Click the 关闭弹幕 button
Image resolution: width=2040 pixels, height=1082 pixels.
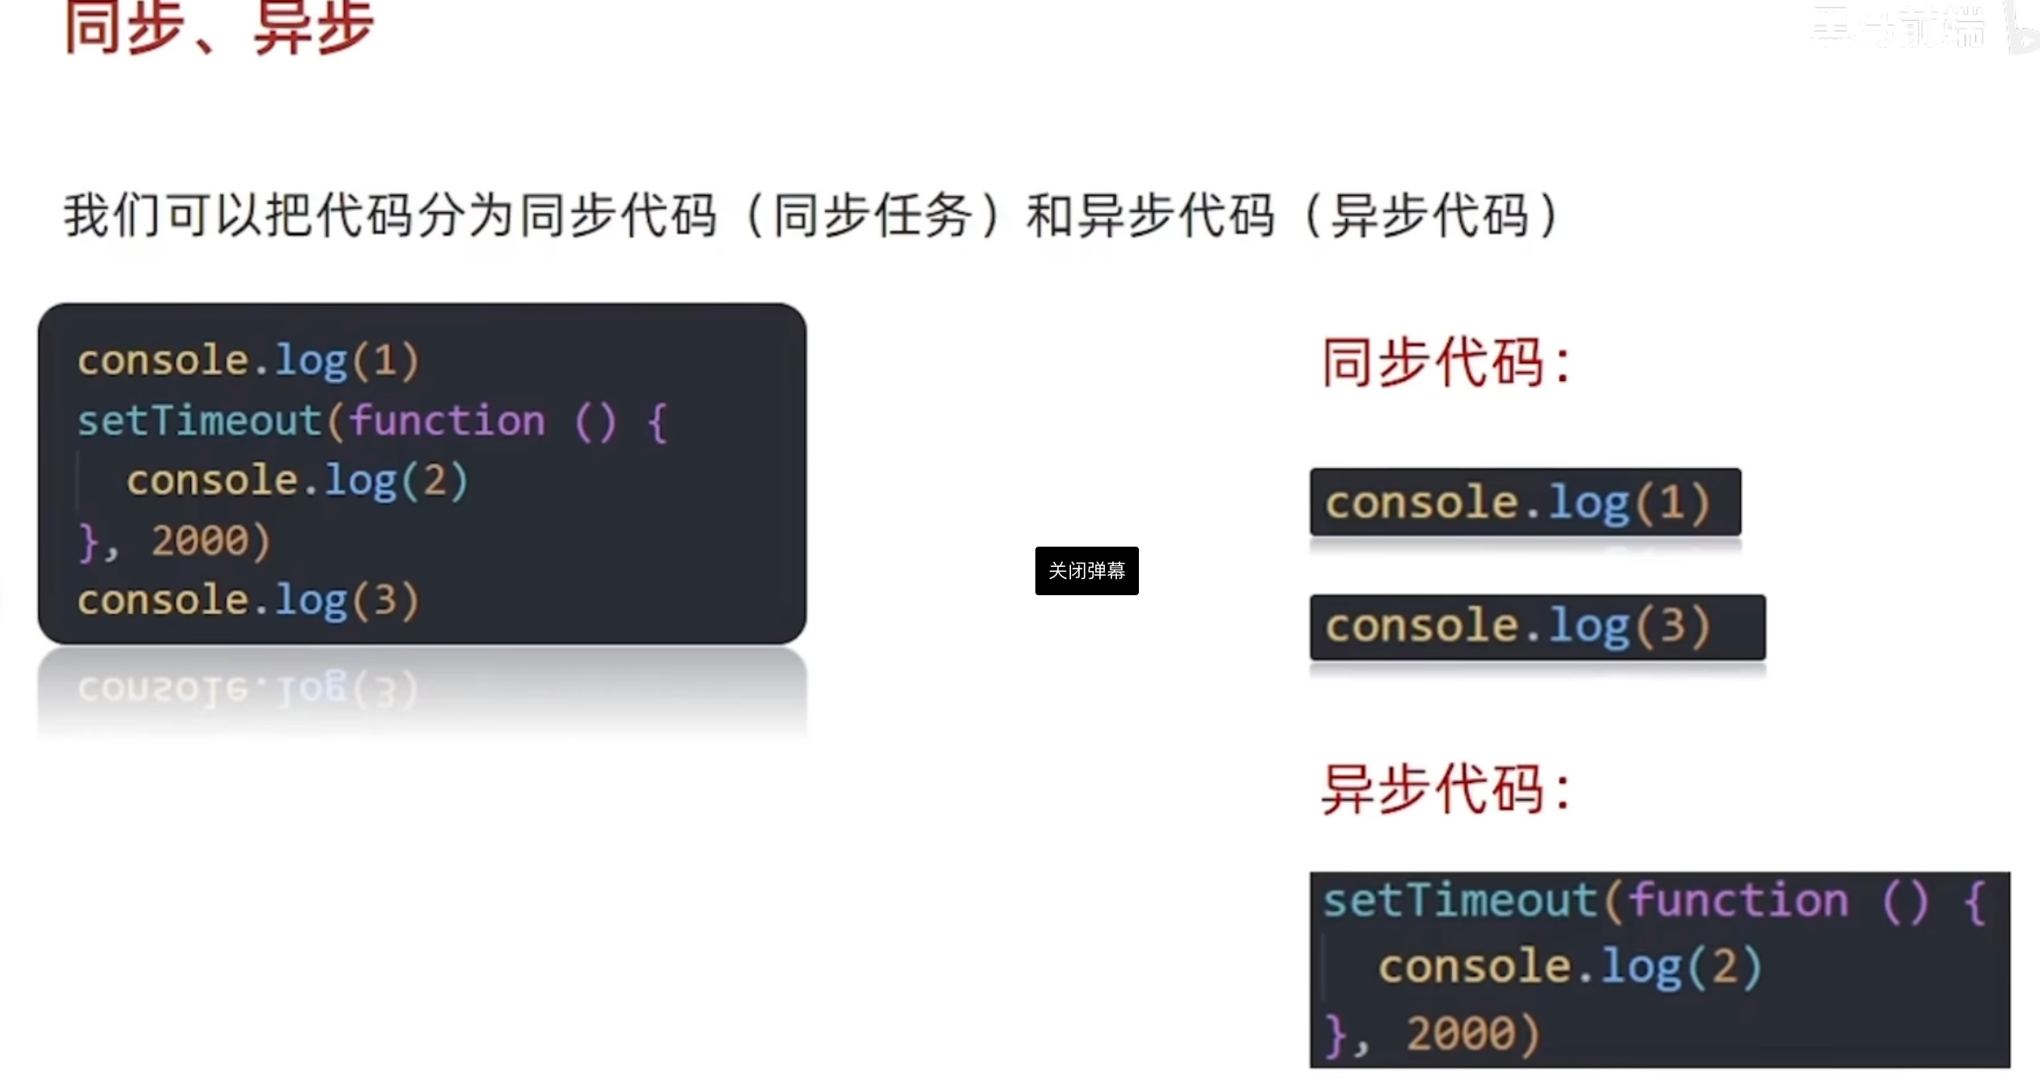pyautogui.click(x=1086, y=571)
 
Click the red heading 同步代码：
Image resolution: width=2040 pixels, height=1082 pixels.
pyautogui.click(x=1445, y=363)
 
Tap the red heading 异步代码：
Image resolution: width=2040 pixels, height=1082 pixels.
pyautogui.click(x=1445, y=790)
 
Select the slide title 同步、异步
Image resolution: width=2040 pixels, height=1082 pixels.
pyautogui.click(x=219, y=28)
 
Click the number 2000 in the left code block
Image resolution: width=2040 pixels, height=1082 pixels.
pyautogui.click(x=200, y=540)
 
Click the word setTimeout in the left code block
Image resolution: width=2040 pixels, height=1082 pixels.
pyautogui.click(x=199, y=421)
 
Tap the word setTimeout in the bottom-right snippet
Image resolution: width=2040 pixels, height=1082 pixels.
pyautogui.click(x=1460, y=901)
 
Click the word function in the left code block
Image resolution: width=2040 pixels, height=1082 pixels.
pyautogui.click(x=447, y=421)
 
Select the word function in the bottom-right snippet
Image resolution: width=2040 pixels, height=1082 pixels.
pyautogui.click(x=1737, y=901)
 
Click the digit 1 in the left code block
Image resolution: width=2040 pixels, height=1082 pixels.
pyautogui.click(x=385, y=361)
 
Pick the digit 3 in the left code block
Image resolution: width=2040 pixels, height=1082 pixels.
pyautogui.click(x=385, y=601)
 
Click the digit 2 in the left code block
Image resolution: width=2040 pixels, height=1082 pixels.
pyautogui.click(x=434, y=480)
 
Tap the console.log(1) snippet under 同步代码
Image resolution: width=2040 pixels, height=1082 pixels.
pyautogui.click(x=1525, y=502)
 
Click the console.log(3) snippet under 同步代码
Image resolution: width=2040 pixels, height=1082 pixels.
pyautogui.click(x=1537, y=627)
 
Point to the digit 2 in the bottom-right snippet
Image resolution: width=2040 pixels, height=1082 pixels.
pyautogui.click(x=1725, y=967)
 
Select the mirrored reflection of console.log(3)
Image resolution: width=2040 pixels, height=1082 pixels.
pyautogui.click(x=248, y=690)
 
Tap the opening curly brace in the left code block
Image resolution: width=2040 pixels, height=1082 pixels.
pyautogui.click(x=658, y=422)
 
